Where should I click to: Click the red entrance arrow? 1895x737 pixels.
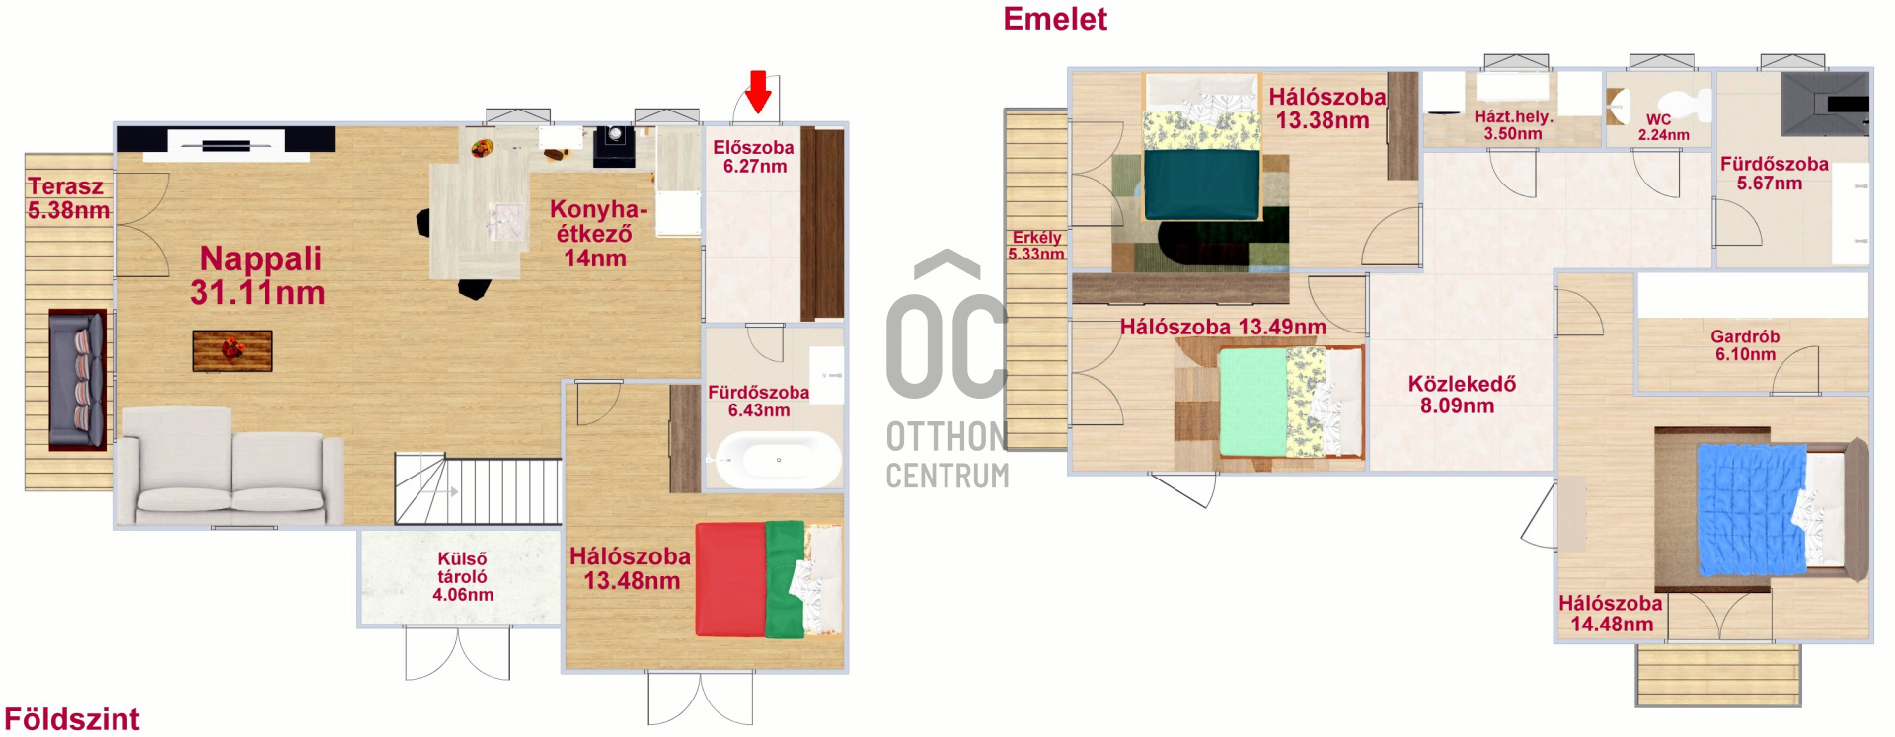click(758, 92)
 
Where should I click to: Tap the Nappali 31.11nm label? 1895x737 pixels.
click(259, 275)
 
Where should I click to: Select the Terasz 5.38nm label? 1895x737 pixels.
click(67, 198)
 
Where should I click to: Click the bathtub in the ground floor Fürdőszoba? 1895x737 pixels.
click(778, 460)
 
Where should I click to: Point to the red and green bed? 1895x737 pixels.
click(769, 579)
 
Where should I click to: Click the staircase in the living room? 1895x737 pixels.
click(478, 488)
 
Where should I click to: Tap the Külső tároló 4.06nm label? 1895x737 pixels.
click(462, 577)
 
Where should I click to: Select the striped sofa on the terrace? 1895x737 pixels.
click(77, 379)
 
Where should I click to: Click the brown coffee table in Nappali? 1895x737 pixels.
click(233, 350)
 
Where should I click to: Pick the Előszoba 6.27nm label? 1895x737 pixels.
click(754, 157)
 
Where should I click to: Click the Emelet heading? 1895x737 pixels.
click(1055, 19)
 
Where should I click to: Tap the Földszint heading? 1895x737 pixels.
click(72, 719)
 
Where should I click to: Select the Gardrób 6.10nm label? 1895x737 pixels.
click(1745, 345)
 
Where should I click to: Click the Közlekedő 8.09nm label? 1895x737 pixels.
click(1461, 395)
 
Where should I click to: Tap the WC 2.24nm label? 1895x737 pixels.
click(1663, 127)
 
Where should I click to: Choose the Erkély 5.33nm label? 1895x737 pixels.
click(1036, 246)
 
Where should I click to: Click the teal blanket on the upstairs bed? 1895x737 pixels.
click(1202, 184)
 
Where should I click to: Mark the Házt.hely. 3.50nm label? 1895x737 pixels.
click(1513, 124)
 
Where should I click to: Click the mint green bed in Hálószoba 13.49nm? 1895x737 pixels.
click(1254, 402)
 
